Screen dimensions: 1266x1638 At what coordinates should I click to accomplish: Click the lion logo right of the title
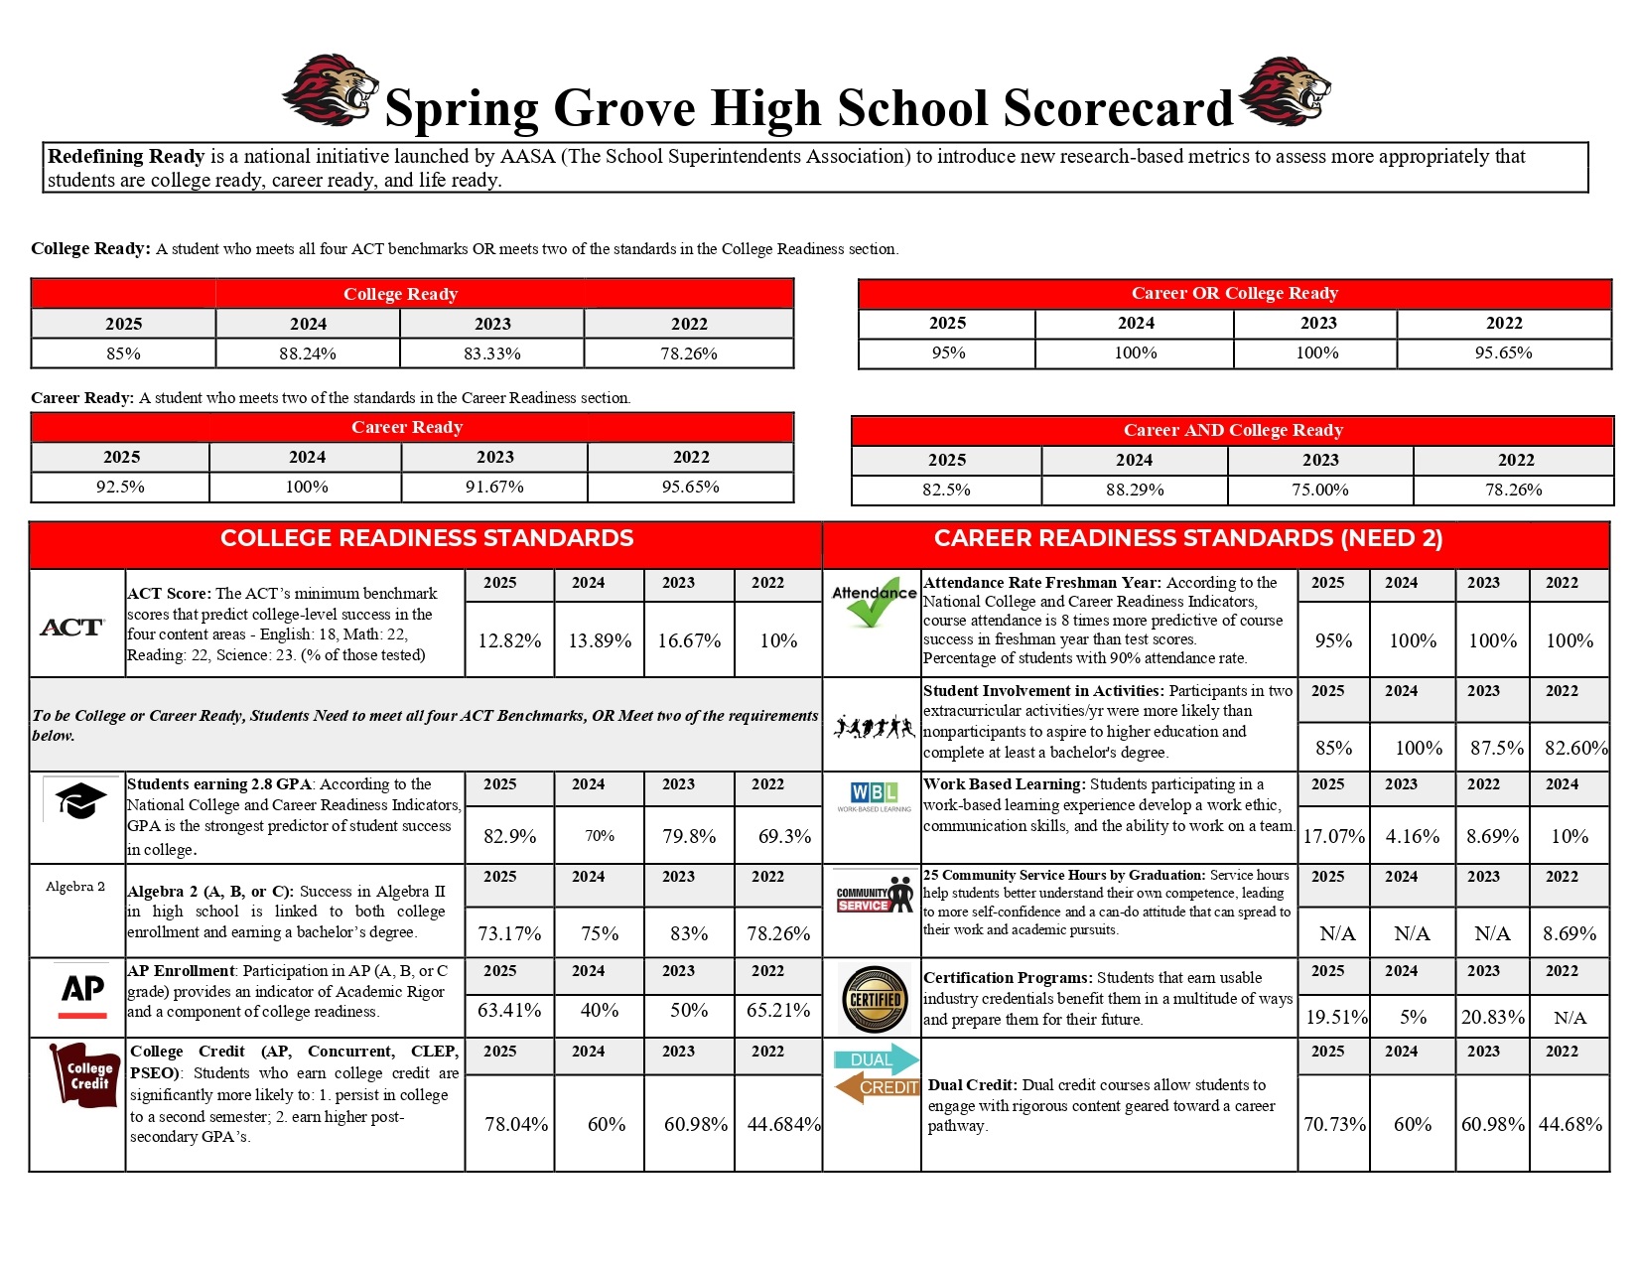coord(1285,91)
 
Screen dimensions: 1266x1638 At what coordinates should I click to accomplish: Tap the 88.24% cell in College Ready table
coord(308,353)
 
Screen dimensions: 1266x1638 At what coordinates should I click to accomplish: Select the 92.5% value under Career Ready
coord(120,487)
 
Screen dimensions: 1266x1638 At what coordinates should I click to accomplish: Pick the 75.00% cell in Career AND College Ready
coord(1319,490)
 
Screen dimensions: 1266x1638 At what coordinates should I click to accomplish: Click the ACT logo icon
coord(72,628)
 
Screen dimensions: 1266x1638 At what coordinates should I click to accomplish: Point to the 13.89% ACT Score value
coord(600,640)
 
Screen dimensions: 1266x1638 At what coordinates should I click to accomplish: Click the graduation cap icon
coord(79,800)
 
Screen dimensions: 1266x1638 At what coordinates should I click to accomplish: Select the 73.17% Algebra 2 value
coord(509,933)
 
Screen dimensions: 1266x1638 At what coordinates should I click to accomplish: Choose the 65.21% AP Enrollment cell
coord(778,1010)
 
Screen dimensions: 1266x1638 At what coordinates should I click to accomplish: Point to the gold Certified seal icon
coord(875,999)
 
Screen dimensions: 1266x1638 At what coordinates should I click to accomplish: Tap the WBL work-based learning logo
coord(874,795)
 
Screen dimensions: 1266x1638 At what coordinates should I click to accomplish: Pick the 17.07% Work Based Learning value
coord(1333,836)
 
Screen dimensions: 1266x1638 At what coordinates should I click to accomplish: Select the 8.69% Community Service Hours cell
coord(1570,933)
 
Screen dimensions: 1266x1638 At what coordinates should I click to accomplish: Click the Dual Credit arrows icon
coord(875,1073)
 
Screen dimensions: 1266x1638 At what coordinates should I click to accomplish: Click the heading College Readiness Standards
coord(427,538)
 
